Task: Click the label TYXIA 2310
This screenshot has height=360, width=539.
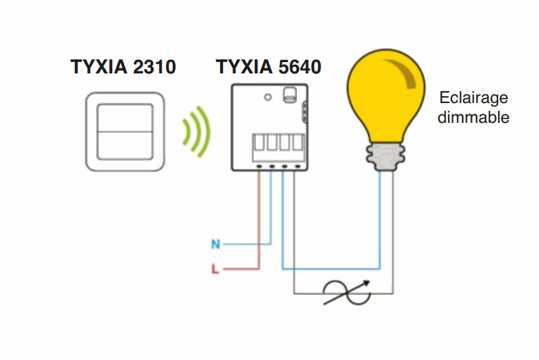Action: pos(123,67)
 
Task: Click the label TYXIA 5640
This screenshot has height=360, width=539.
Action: pos(269,67)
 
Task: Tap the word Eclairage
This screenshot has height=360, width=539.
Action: pos(473,98)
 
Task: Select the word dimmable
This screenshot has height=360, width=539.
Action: pos(473,117)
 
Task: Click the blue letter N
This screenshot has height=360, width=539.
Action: pos(216,245)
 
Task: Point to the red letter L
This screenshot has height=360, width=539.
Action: pos(216,269)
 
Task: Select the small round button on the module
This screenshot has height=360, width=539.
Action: pos(268,96)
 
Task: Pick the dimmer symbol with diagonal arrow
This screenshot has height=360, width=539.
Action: pos(343,292)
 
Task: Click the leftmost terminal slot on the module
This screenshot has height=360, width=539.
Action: pos(259,141)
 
